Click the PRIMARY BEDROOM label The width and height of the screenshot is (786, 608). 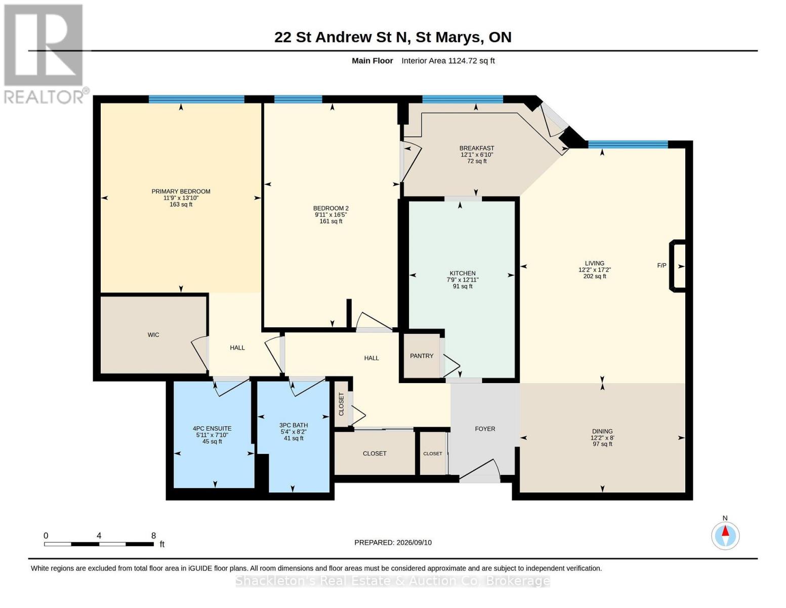click(x=181, y=191)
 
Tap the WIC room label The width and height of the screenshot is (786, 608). click(x=153, y=334)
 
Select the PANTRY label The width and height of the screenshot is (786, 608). click(x=422, y=356)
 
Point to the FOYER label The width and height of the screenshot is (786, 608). click(x=485, y=429)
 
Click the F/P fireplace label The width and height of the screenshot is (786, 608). click(x=661, y=265)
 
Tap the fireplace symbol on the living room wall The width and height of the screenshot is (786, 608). click(x=677, y=266)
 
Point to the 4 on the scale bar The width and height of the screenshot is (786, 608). click(x=99, y=536)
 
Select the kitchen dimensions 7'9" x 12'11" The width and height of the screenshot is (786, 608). click(x=462, y=280)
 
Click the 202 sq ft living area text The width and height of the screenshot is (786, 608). click(x=595, y=276)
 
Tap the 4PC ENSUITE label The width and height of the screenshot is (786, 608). click(x=212, y=429)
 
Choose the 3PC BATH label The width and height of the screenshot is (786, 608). click(x=294, y=425)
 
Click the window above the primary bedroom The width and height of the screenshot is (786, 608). click(x=196, y=99)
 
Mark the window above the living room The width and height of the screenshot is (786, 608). click(x=628, y=144)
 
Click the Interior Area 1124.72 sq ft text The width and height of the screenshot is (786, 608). click(x=448, y=61)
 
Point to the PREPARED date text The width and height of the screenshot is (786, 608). click(x=393, y=543)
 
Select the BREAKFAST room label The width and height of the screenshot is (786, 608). click(x=477, y=148)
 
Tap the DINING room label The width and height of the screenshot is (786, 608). click(x=602, y=431)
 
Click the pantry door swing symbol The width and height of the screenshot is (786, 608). click(x=450, y=366)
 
